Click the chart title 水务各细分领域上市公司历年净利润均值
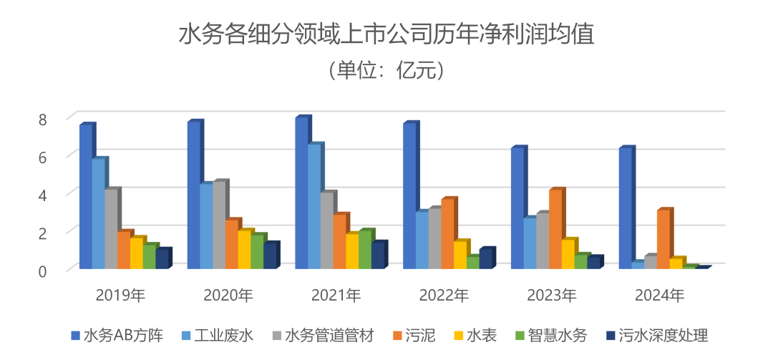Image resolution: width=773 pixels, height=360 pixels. pyautogui.click(x=386, y=34)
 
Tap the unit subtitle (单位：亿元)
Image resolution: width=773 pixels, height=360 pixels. pyautogui.click(x=386, y=70)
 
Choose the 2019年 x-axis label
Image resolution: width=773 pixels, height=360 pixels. pyautogui.click(x=121, y=295)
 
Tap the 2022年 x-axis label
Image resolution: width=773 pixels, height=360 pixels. pyautogui.click(x=444, y=295)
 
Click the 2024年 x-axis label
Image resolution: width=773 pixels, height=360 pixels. pyautogui.click(x=659, y=295)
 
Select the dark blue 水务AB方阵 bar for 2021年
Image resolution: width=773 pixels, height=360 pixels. pyautogui.click(x=301, y=193)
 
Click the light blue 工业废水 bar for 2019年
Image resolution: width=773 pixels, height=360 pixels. pyautogui.click(x=98, y=215)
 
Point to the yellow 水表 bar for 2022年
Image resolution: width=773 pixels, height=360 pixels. pyautogui.click(x=460, y=256)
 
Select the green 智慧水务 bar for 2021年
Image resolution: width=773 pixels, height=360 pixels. pyautogui.click(x=365, y=250)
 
